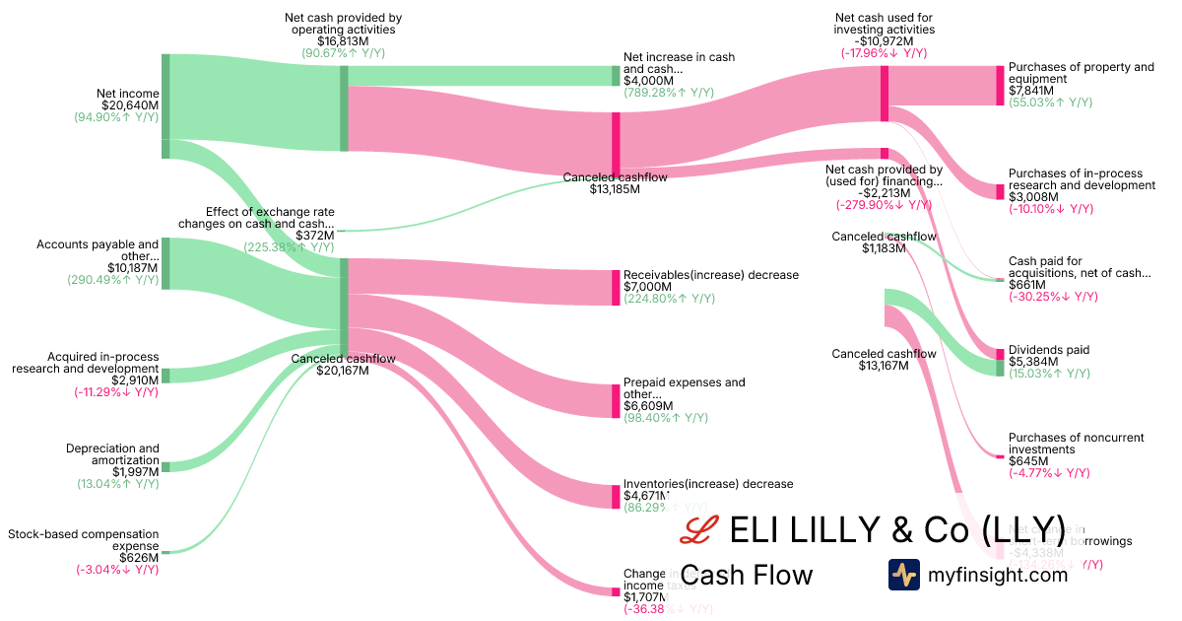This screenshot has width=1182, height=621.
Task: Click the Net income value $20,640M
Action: point(130,104)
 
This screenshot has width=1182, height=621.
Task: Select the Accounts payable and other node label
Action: point(98,250)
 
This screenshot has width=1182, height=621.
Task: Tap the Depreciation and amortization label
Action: point(112,454)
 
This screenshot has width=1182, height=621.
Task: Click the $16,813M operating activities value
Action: point(343,41)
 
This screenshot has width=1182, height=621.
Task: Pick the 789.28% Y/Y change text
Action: point(669,93)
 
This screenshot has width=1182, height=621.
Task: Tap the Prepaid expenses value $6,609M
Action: point(648,405)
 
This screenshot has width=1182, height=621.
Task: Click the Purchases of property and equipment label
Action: point(1081,73)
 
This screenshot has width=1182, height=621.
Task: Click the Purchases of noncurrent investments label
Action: point(1069,444)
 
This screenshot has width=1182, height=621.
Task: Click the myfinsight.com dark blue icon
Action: point(903,575)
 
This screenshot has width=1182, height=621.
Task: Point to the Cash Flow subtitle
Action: point(747,575)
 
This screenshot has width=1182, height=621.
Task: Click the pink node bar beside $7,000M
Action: point(616,287)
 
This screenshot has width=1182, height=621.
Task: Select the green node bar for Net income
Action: point(165,98)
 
